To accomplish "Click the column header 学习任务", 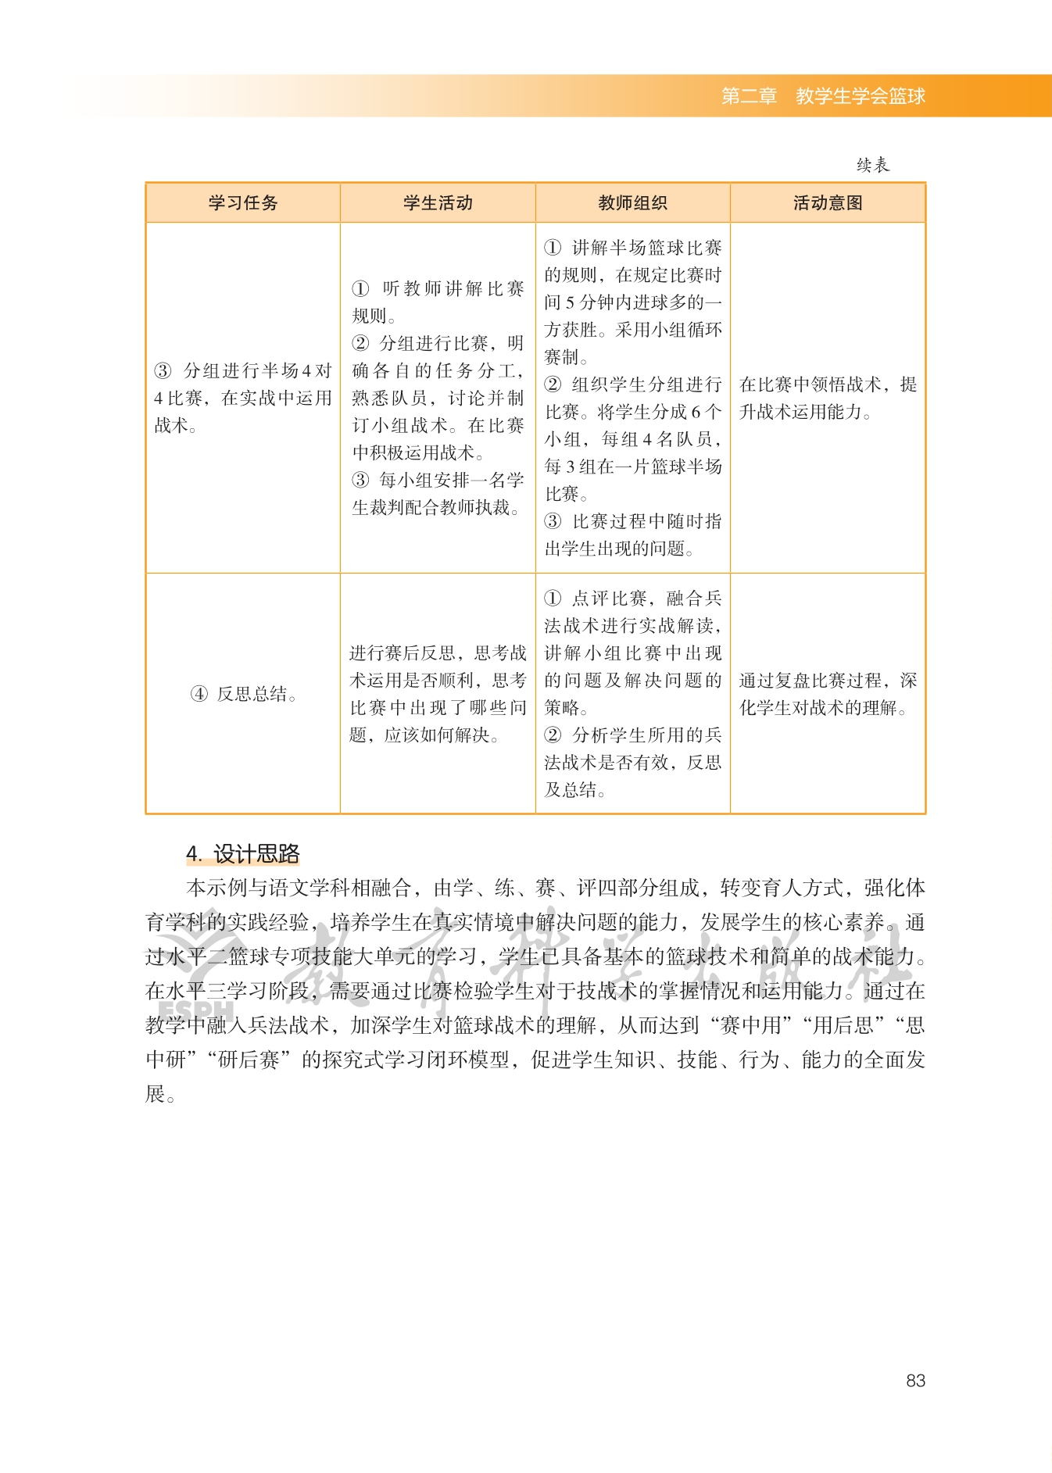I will (x=242, y=203).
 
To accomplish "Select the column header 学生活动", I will (x=438, y=203).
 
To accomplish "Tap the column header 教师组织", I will (x=632, y=203).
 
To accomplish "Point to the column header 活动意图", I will (x=828, y=203).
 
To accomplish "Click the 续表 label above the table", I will (x=872, y=165).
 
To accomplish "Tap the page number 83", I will (x=915, y=1381).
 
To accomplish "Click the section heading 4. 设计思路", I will (x=243, y=854).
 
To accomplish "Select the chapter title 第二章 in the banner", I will (x=749, y=96).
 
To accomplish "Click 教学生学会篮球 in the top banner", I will (x=861, y=96).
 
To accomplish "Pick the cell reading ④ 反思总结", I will (x=243, y=694).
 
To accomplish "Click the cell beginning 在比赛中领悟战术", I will (x=828, y=398).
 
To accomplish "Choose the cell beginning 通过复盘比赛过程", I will (x=828, y=694).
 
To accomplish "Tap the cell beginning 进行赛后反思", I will (x=438, y=694).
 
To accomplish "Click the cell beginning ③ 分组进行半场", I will (x=243, y=398).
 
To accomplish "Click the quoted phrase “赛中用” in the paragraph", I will (x=751, y=1025).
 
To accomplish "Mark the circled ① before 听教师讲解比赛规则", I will (x=360, y=289).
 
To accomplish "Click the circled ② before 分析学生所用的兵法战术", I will (x=553, y=735).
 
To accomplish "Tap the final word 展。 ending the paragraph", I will (x=159, y=1094).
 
